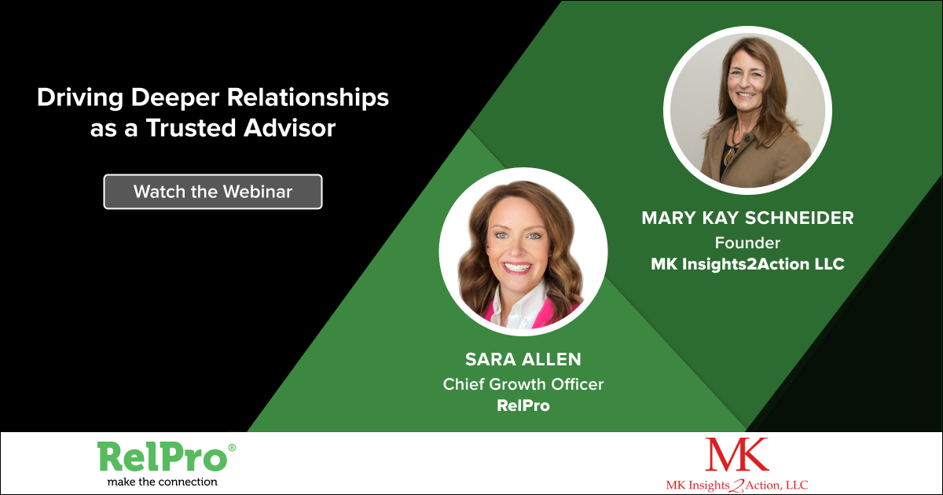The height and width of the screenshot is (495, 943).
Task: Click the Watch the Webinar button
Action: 213,192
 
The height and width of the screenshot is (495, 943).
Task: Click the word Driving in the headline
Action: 80,98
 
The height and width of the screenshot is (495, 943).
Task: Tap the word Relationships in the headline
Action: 308,98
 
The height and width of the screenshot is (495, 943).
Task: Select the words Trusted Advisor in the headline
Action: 240,127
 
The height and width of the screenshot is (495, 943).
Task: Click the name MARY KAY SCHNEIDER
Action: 747,218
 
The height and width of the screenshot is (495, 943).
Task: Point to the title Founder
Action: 747,243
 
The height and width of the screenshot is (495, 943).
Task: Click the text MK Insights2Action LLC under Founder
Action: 747,264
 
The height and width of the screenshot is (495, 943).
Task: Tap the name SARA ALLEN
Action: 523,360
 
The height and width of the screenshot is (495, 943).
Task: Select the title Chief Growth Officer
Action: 523,384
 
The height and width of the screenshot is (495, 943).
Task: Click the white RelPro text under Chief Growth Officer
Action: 523,405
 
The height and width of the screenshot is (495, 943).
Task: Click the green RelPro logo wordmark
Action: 162,457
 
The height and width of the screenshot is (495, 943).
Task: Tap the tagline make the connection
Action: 163,482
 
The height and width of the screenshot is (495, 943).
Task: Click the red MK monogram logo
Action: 737,454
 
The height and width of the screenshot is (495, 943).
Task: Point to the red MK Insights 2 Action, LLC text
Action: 737,486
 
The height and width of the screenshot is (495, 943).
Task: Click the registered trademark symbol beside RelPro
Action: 232,447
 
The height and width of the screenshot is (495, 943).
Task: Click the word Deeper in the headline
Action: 175,98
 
